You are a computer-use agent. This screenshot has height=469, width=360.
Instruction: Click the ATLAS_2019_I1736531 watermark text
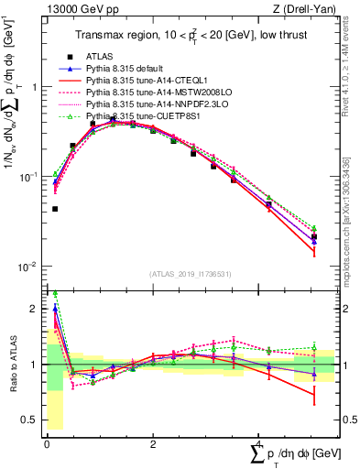pyautogui.click(x=191, y=274)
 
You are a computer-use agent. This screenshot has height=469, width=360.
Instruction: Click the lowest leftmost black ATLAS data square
pyautogui.click(x=55, y=209)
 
